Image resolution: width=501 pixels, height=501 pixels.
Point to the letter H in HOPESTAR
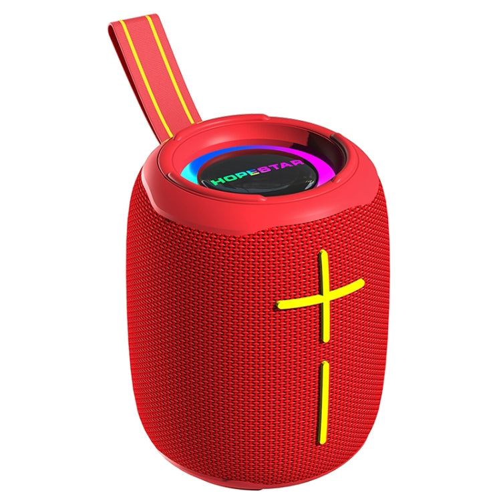click(218, 180)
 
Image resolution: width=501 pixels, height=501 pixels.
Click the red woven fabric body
click(200, 334)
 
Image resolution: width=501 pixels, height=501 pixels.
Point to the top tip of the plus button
click(323, 255)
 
